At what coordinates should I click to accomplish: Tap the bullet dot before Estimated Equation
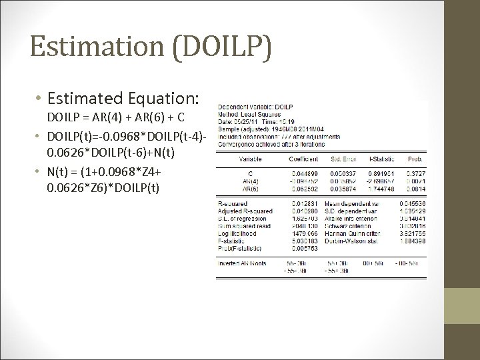pyautogui.click(x=39, y=99)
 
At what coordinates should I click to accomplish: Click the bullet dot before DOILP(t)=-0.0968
pyautogui.click(x=39, y=137)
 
